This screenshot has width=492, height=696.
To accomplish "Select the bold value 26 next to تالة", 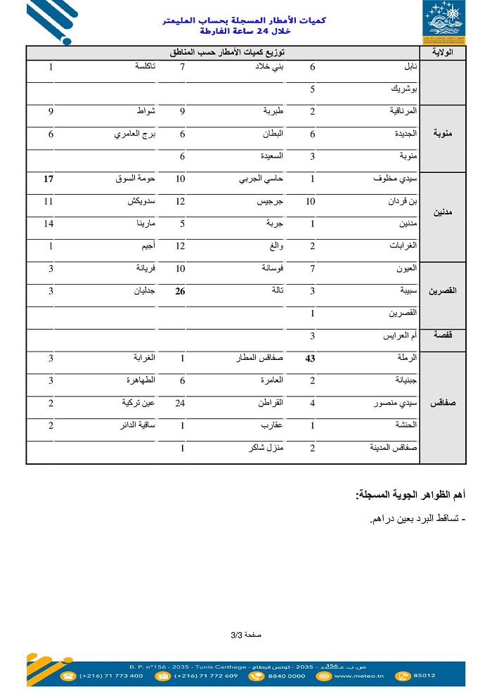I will pos(181,291).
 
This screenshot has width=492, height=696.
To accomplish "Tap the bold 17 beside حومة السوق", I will pos(48,179).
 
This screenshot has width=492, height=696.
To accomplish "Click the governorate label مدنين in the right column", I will pos(443,212).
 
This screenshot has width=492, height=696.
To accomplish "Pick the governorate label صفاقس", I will pos(443,404).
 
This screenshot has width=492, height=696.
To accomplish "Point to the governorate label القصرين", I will pos(443,290).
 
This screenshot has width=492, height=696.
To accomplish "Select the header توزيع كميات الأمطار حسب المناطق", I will pos(223,53).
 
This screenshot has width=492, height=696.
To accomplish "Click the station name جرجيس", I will pos(271,202).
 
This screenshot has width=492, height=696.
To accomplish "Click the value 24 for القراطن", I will pos(180,404).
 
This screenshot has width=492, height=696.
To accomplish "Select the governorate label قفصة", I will pos(443,336).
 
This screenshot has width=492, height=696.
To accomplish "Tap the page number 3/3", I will pos(245,634).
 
